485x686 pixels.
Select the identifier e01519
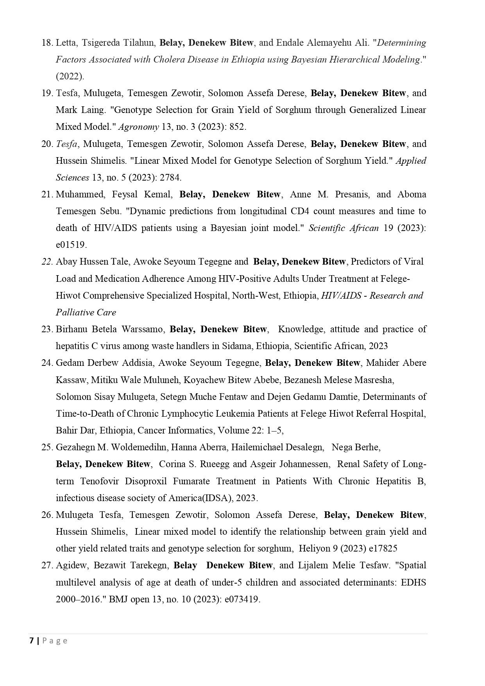pyautogui.click(x=71, y=245)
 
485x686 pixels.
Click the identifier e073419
pyautogui.click(x=242, y=599)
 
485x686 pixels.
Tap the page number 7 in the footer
pyautogui.click(x=31, y=641)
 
